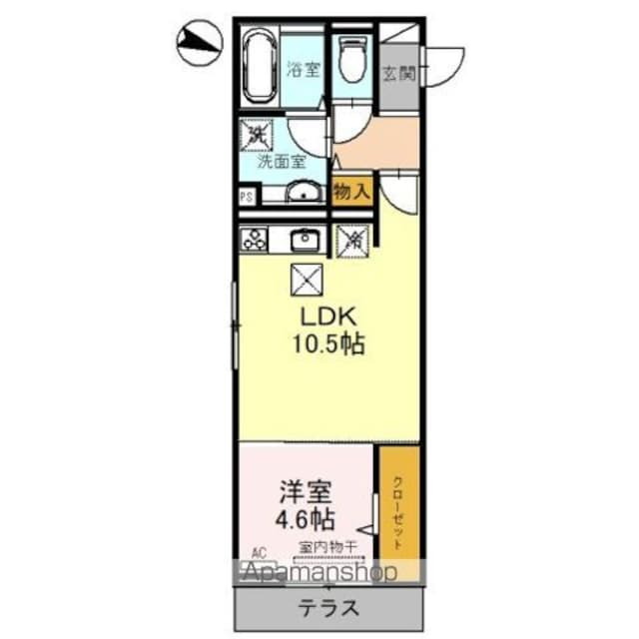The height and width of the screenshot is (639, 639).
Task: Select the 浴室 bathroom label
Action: pos(304,70)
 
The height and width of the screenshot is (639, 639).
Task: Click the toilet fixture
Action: pos(352,59)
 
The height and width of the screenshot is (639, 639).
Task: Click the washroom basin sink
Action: pos(303,194)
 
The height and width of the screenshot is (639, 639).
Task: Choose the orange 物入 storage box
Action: pos(350,191)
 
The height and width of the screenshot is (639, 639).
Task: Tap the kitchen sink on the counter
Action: pos(304,239)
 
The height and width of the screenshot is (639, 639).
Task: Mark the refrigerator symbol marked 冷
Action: pos(351,239)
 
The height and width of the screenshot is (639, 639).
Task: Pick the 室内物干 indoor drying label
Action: pos(323,547)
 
